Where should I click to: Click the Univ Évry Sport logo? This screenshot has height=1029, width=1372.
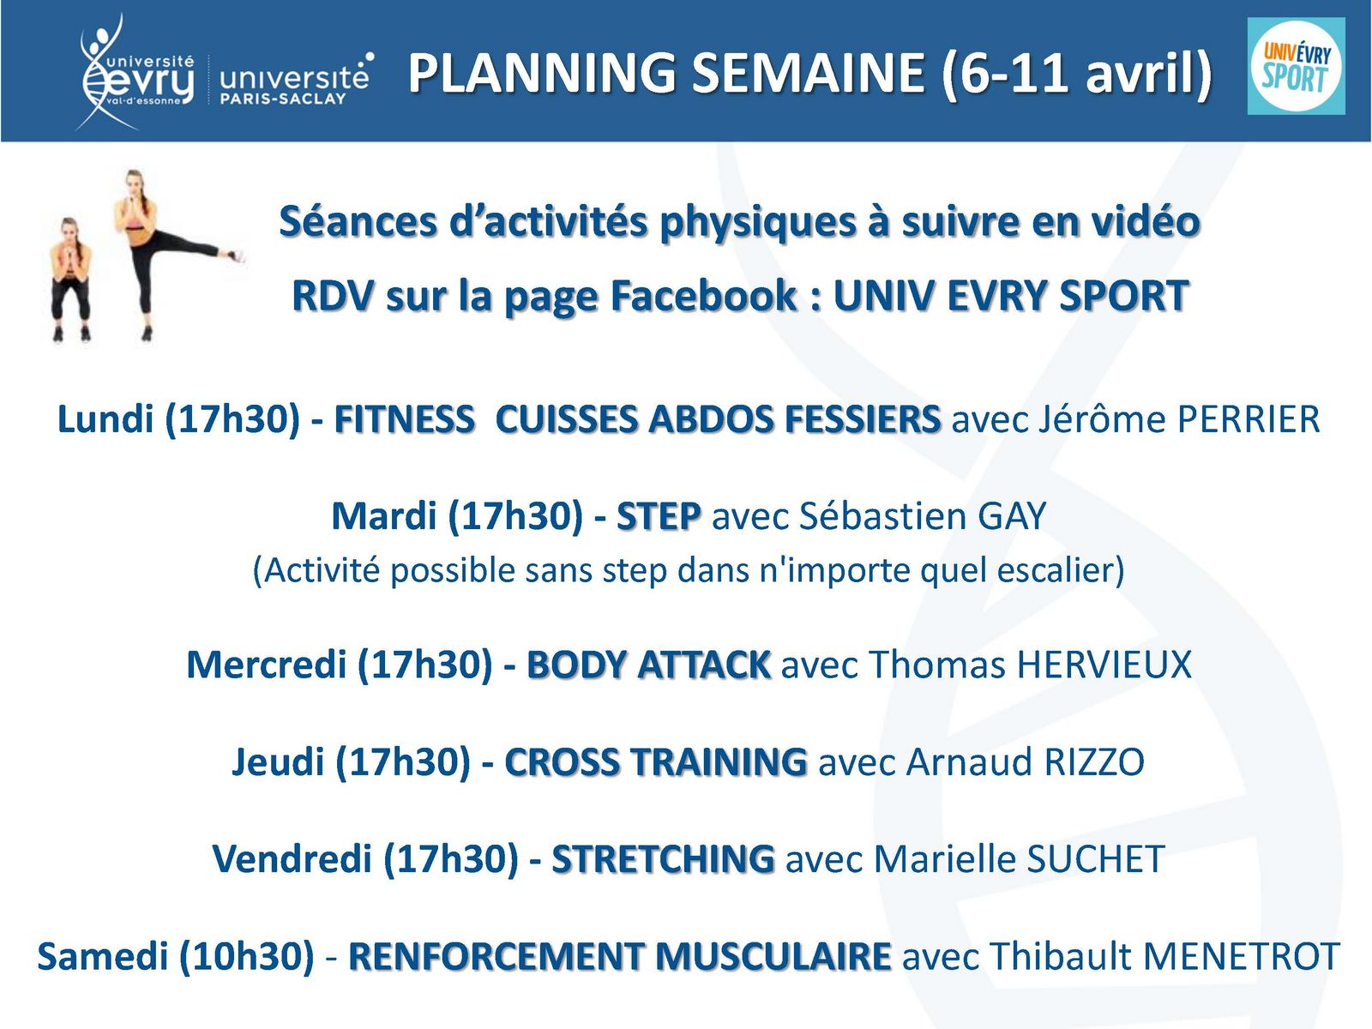tap(1296, 66)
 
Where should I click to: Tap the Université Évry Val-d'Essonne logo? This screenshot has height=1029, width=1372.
tap(136, 72)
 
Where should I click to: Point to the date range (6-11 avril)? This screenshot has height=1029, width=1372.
tap(1077, 73)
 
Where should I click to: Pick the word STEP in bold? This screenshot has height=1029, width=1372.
tap(659, 516)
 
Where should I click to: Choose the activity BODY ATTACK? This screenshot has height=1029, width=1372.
tap(649, 664)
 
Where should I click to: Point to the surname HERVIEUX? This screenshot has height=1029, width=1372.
tap(1104, 664)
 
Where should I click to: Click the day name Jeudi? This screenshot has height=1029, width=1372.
tap(278, 762)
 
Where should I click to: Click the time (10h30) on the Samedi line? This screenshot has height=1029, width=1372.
tap(246, 956)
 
